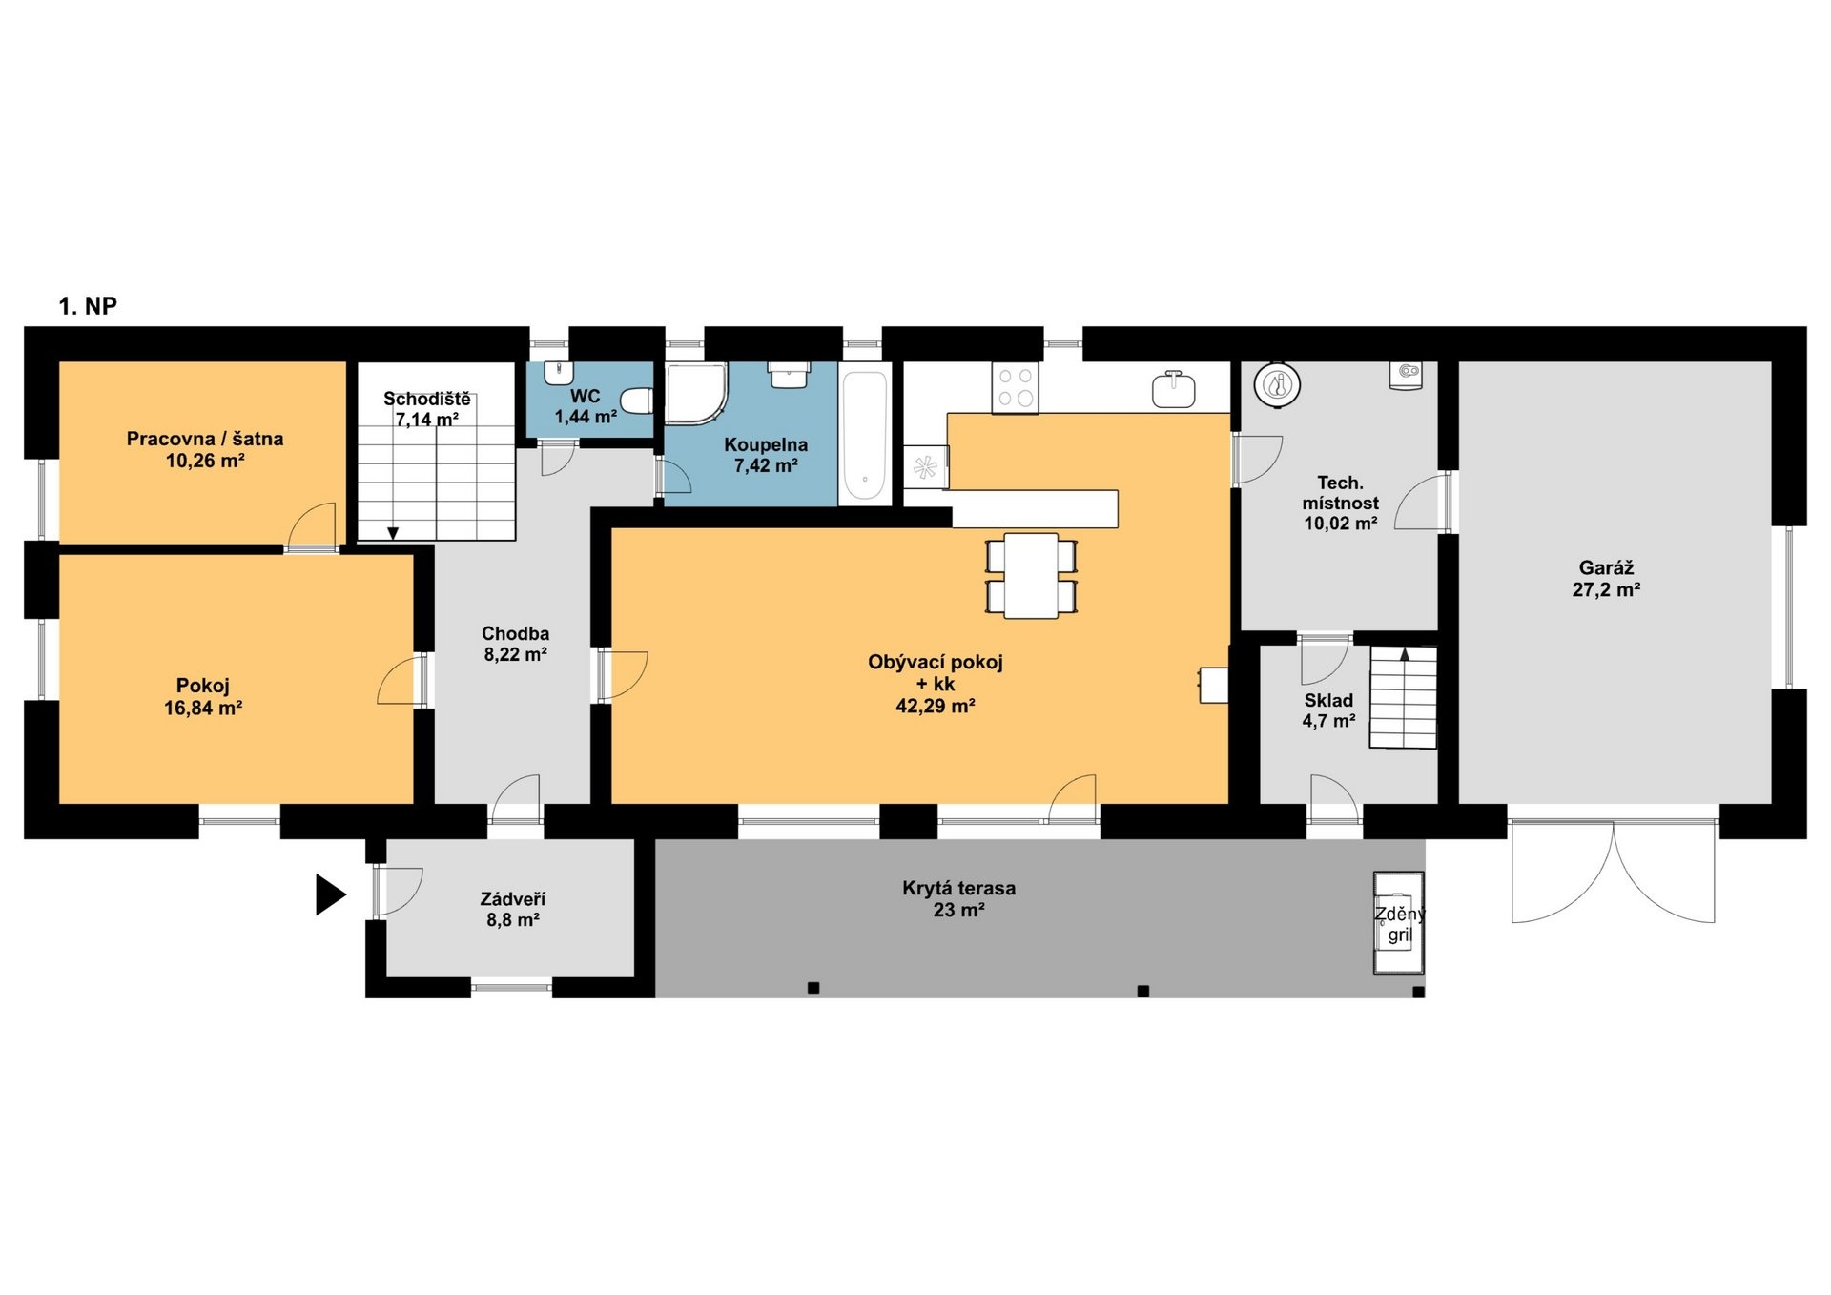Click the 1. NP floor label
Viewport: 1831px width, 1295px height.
coord(88,306)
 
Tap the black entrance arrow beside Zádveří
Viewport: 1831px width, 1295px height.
coord(330,894)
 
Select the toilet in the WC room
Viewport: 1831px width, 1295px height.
coord(637,401)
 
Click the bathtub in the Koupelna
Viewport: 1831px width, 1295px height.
coord(864,435)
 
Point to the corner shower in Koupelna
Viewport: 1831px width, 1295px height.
coord(695,393)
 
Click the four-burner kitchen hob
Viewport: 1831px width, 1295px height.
coord(1015,388)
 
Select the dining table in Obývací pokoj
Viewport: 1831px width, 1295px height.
coord(1031,576)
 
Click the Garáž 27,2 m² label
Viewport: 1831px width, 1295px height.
coord(1606,579)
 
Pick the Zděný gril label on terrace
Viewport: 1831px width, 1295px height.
coord(1399,924)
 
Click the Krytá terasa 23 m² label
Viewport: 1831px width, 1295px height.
coord(958,898)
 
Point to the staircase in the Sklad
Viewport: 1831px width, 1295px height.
coord(1403,697)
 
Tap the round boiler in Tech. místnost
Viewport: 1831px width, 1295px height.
coord(1277,385)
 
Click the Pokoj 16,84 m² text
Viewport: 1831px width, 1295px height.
coord(203,696)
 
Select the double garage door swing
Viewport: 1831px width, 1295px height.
coord(1614,872)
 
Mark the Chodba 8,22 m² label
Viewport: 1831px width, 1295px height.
coord(515,644)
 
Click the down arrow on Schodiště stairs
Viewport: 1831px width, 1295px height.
coord(393,533)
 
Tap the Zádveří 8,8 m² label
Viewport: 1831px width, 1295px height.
coord(513,909)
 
